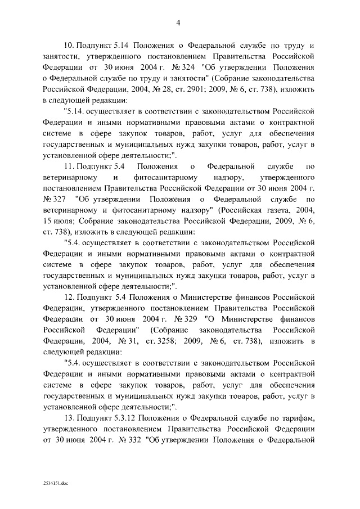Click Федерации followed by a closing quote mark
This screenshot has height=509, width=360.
[111, 330]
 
